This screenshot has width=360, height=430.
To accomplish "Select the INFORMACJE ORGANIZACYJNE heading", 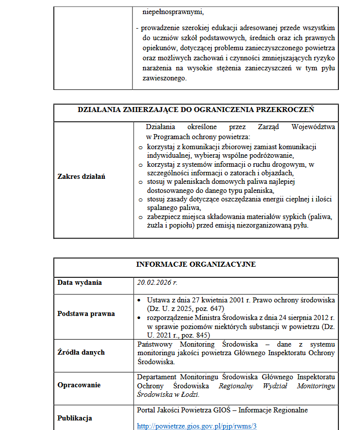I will [x=196, y=264].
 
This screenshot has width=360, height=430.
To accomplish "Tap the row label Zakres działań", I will [x=81, y=176].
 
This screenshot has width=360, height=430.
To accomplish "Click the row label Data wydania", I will [x=79, y=282].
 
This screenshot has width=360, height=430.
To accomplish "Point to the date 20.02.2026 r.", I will [x=157, y=282].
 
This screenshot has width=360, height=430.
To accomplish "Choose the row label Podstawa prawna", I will [x=86, y=313].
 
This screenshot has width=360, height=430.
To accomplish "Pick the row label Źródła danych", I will [x=81, y=352].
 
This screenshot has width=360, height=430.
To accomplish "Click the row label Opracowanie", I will [x=79, y=385].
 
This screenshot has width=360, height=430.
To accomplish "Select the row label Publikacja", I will [x=75, y=417].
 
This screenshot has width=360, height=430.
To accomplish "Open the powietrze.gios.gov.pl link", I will [x=197, y=426].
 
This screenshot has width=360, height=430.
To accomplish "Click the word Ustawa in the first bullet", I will [x=158, y=300].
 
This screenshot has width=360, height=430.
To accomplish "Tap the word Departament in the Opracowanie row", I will [x=156, y=377].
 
